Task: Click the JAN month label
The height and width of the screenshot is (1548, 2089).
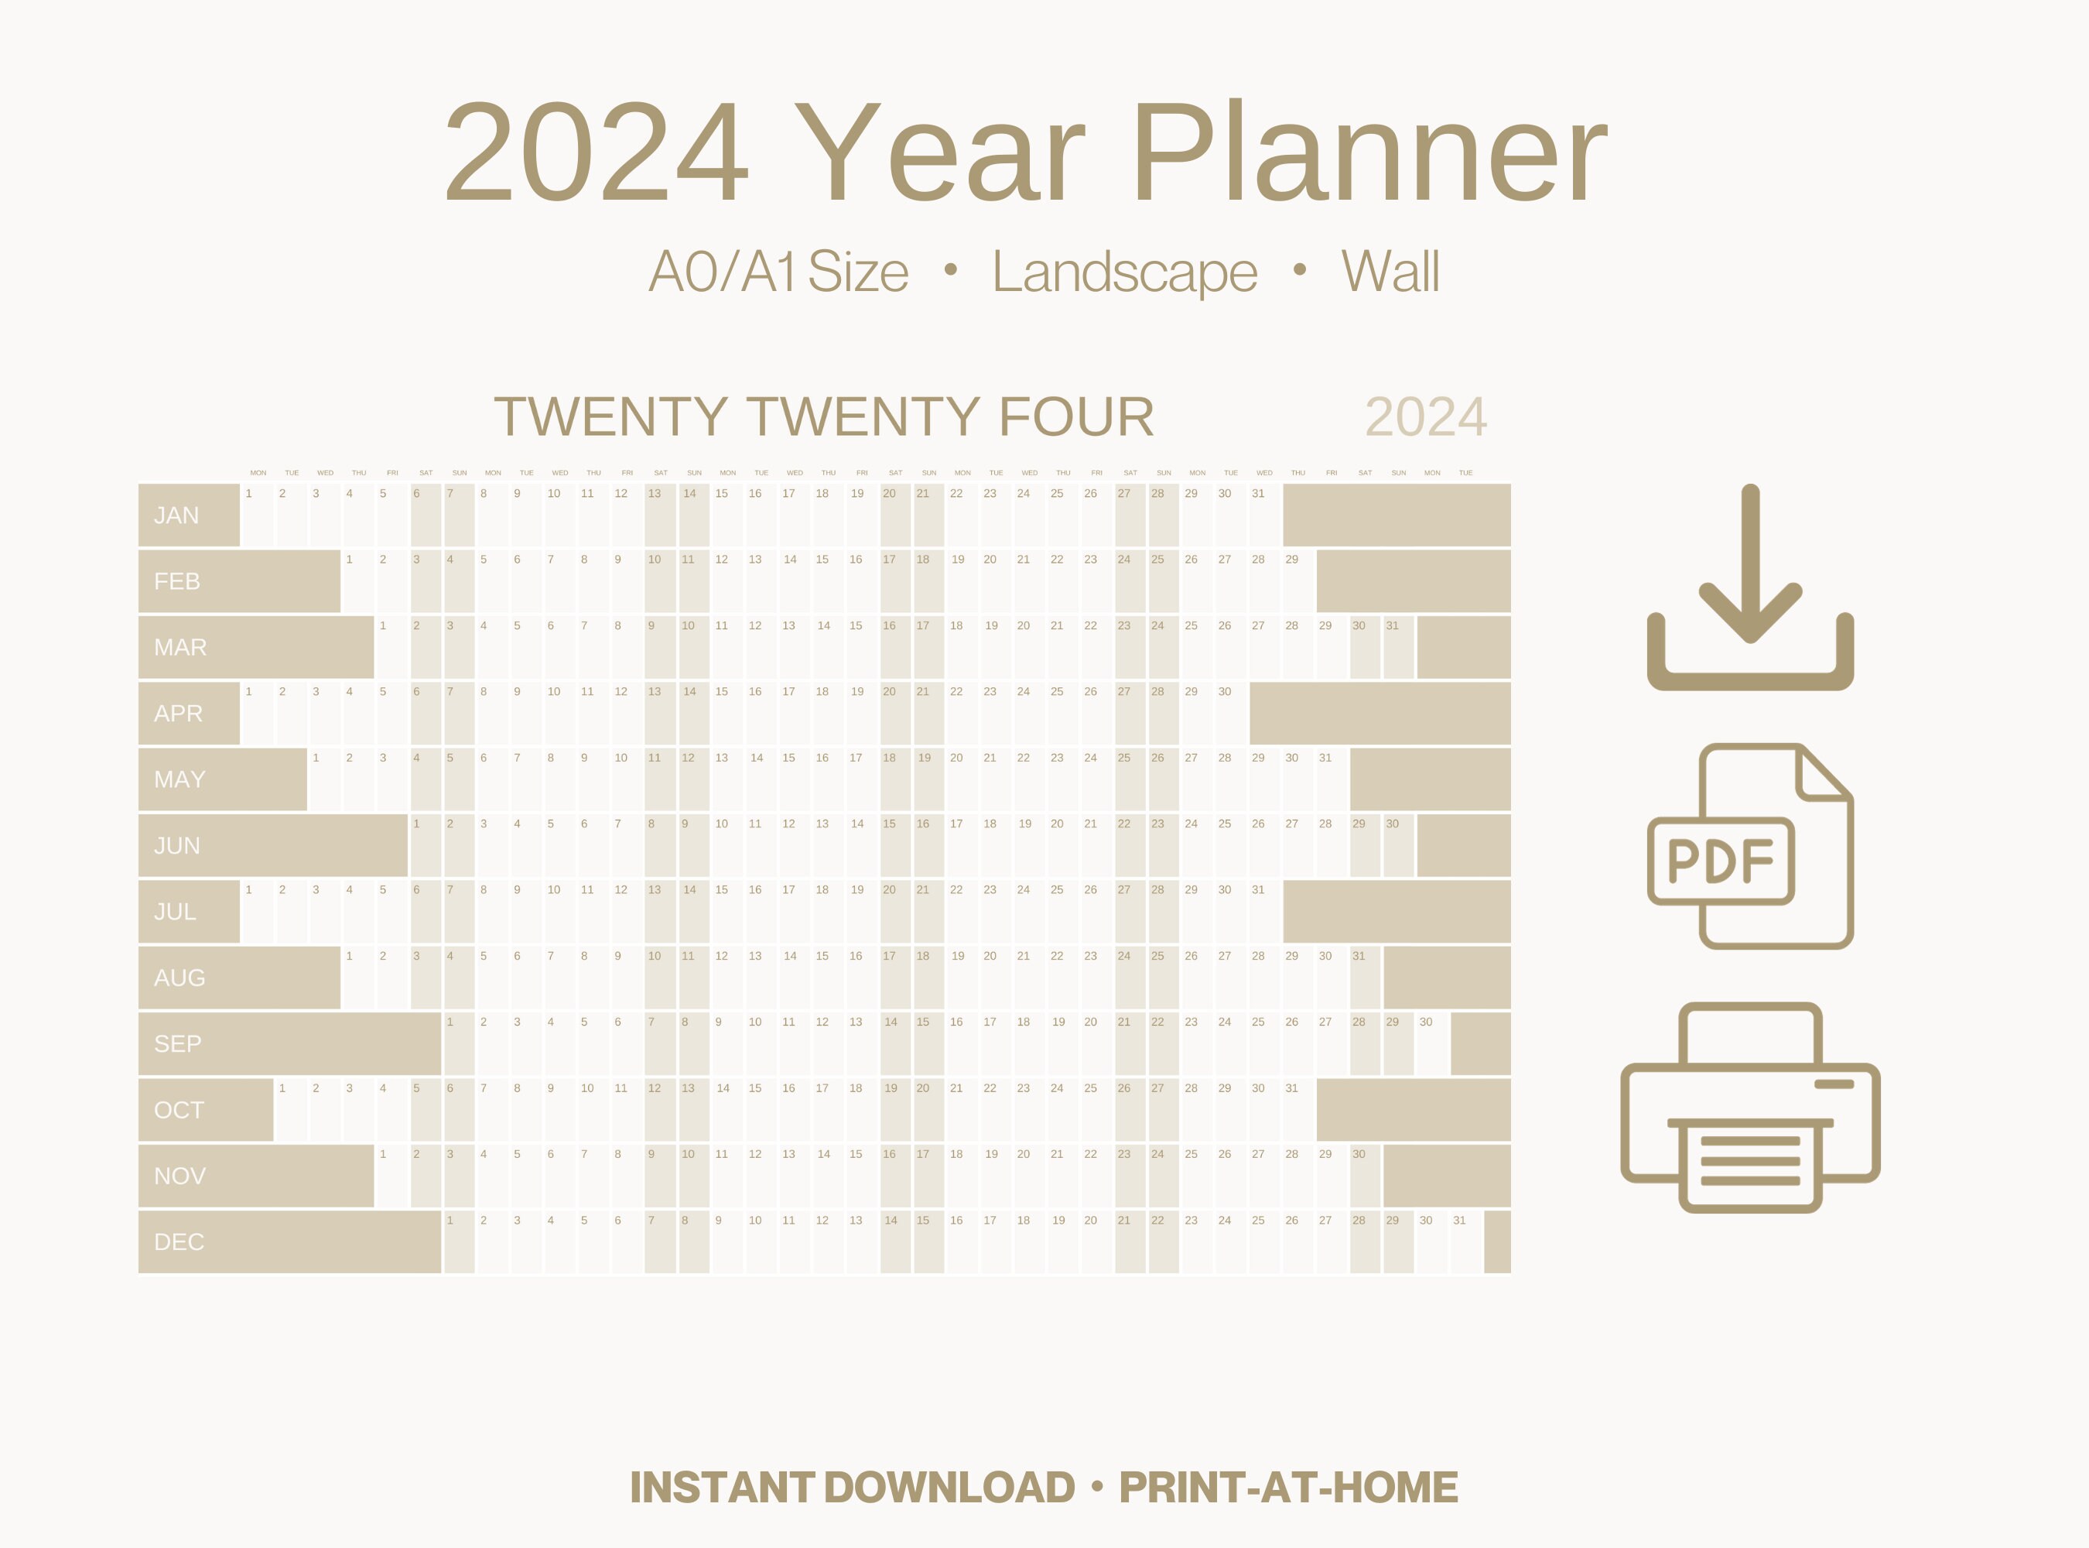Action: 176,515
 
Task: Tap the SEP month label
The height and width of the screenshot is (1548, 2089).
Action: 177,1044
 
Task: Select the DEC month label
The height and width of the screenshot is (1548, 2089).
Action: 178,1242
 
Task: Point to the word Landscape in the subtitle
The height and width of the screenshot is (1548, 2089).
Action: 1124,272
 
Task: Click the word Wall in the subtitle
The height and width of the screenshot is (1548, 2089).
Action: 1390,272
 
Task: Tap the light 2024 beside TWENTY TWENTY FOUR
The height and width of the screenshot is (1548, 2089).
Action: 1426,417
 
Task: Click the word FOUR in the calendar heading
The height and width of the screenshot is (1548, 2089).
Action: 1076,417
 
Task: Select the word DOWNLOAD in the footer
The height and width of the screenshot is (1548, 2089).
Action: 950,1488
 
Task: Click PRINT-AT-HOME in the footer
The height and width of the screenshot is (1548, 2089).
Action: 1288,1488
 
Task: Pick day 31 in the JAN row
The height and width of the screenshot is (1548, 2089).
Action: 1258,494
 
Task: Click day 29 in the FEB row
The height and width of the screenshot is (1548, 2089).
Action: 1292,560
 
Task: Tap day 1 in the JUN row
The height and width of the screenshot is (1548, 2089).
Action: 416,824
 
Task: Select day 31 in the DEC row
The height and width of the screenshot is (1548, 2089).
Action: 1459,1220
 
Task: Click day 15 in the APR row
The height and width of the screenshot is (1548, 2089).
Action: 721,691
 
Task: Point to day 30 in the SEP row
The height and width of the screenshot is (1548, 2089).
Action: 1426,1022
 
